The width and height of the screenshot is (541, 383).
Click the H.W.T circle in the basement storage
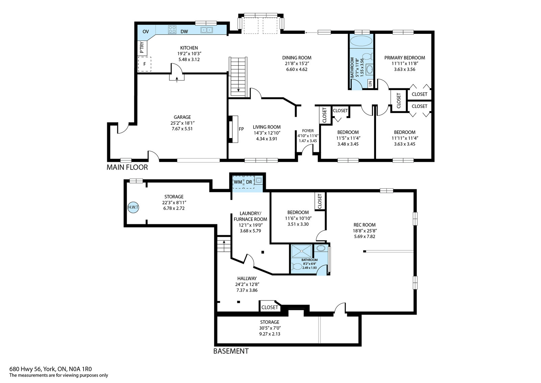pos(133,207)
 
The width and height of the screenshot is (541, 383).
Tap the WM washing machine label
pos(238,182)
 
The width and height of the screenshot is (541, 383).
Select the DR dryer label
pos(249,182)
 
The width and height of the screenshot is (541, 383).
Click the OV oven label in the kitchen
pos(146,32)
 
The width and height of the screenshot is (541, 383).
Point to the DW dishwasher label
pos(184,32)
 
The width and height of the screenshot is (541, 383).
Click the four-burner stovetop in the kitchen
pos(172,30)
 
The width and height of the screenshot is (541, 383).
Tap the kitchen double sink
pos(207,30)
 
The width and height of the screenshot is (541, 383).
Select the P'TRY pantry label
pos(142,48)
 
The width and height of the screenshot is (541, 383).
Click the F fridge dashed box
pos(144,64)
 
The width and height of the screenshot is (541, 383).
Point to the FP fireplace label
pos(241,129)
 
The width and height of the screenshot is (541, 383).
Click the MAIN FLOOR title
pos(127,167)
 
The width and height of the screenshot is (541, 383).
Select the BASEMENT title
pos(231,351)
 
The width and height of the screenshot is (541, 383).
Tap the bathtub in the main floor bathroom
pos(361,41)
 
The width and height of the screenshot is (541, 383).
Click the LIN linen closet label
pos(370,84)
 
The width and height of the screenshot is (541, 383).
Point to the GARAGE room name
pos(182,117)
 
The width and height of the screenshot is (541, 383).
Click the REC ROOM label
pos(364,225)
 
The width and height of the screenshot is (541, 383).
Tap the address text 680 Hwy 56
pos(26,369)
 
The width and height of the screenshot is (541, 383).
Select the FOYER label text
pos(308,131)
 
